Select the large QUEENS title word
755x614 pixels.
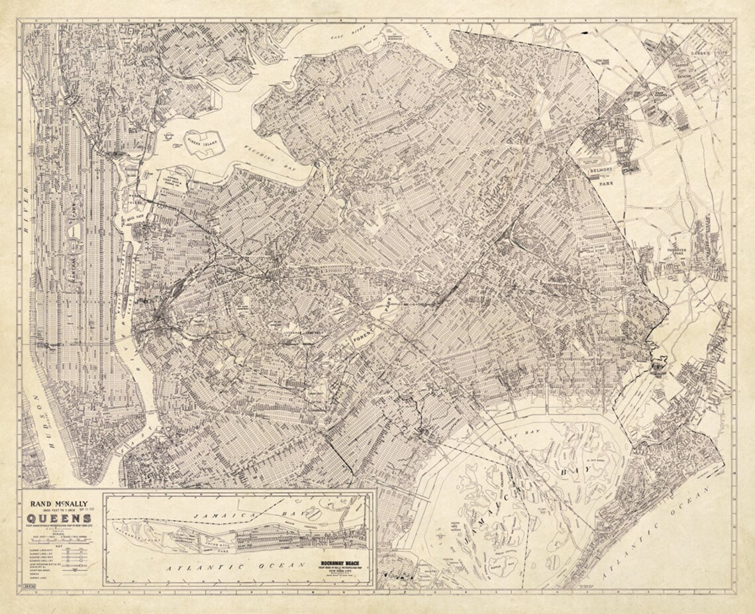60,518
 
